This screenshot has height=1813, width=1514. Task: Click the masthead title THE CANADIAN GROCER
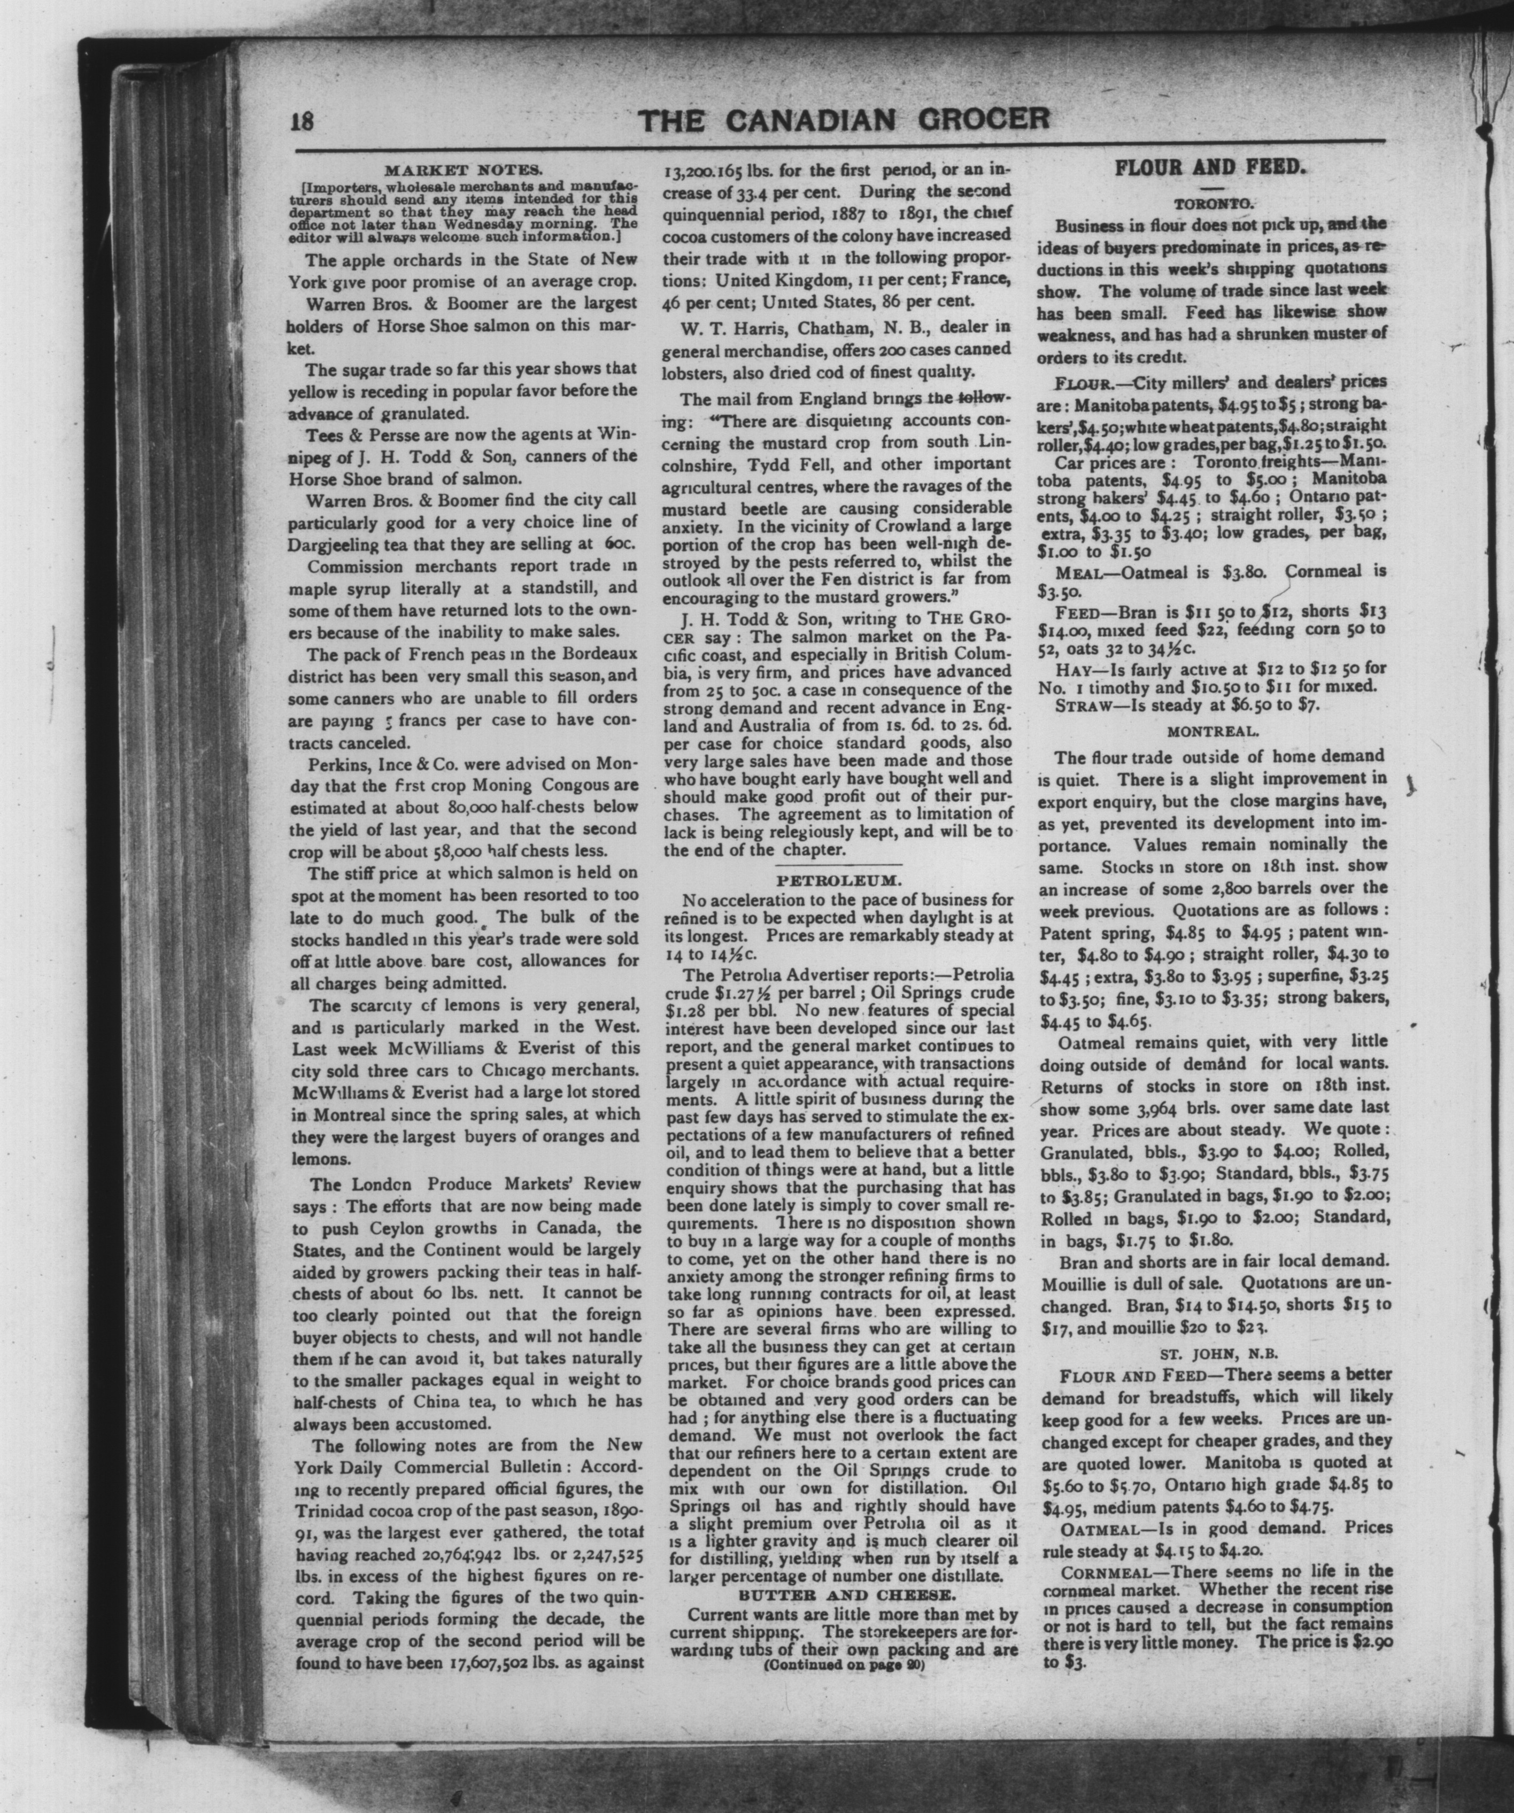[x=844, y=120]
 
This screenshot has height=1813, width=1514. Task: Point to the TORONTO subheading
[x=1209, y=205]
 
